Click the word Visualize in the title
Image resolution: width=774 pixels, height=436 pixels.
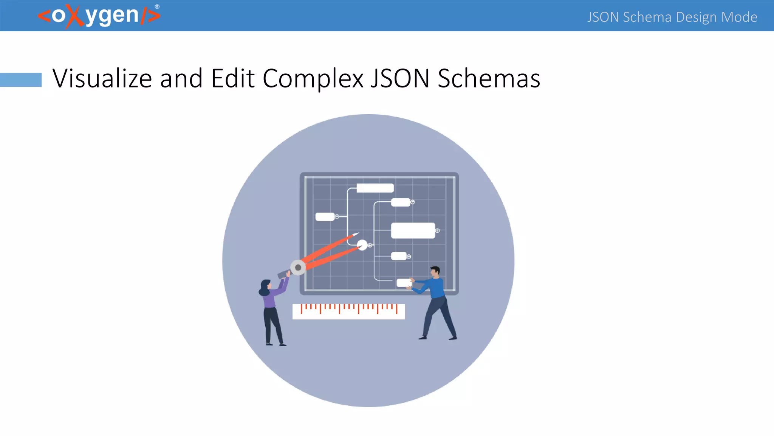pos(102,78)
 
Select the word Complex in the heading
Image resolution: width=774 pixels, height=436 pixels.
pos(313,78)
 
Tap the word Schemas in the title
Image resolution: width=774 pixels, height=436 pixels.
pos(489,78)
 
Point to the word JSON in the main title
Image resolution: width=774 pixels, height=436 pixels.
pos(400,78)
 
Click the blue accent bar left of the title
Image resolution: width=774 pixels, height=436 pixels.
pos(21,79)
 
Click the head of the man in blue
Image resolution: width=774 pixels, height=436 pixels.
pos(435,271)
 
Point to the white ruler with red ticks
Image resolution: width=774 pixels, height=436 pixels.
pos(348,311)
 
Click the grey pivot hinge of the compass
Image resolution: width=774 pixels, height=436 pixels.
pos(298,268)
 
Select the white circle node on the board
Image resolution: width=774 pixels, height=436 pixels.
pos(362,245)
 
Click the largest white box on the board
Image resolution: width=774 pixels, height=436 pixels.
pos(413,230)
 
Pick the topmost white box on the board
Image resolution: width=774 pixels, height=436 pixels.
pos(375,188)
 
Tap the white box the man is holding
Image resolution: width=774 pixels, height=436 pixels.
pos(403,283)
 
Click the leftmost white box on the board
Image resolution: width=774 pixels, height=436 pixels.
pos(325,216)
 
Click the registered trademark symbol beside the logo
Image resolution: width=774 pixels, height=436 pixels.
pos(157,6)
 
